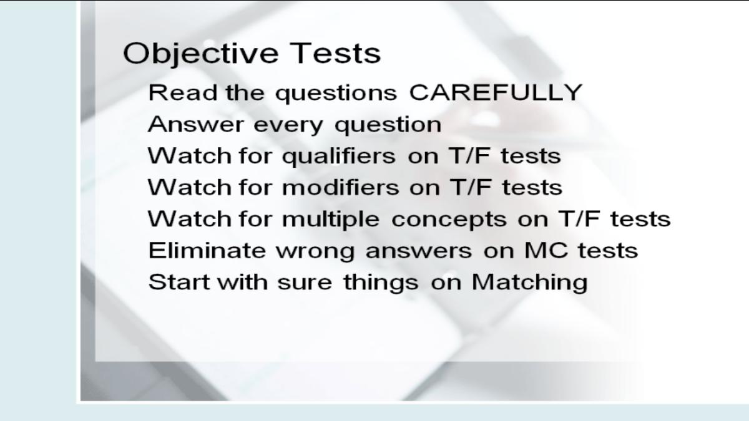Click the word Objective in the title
(200, 54)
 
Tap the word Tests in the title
(335, 53)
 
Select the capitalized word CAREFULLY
(496, 92)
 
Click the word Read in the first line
(183, 92)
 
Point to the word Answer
(195, 125)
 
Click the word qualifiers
(339, 157)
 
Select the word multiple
(331, 220)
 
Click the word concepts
(449, 221)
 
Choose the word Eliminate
(207, 250)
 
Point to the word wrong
(315, 252)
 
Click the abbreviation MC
(546, 250)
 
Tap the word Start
(179, 282)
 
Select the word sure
(305, 284)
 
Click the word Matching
(530, 283)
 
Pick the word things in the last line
(381, 283)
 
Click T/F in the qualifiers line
(469, 156)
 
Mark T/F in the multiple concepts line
(579, 219)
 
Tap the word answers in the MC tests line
(419, 251)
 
